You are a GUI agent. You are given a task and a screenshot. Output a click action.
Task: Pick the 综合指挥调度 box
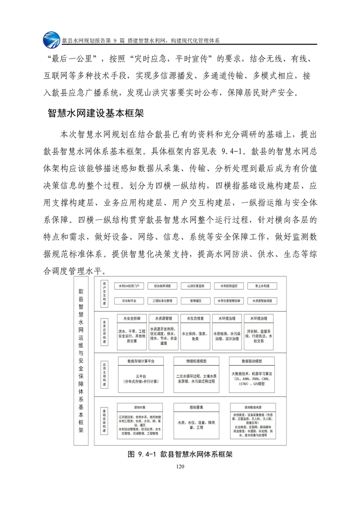point(162,286)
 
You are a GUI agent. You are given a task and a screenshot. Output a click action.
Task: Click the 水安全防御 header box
point(131,318)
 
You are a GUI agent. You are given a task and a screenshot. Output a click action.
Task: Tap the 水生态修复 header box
point(195,318)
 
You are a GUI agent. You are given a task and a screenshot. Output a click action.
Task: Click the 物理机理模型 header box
point(196,361)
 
